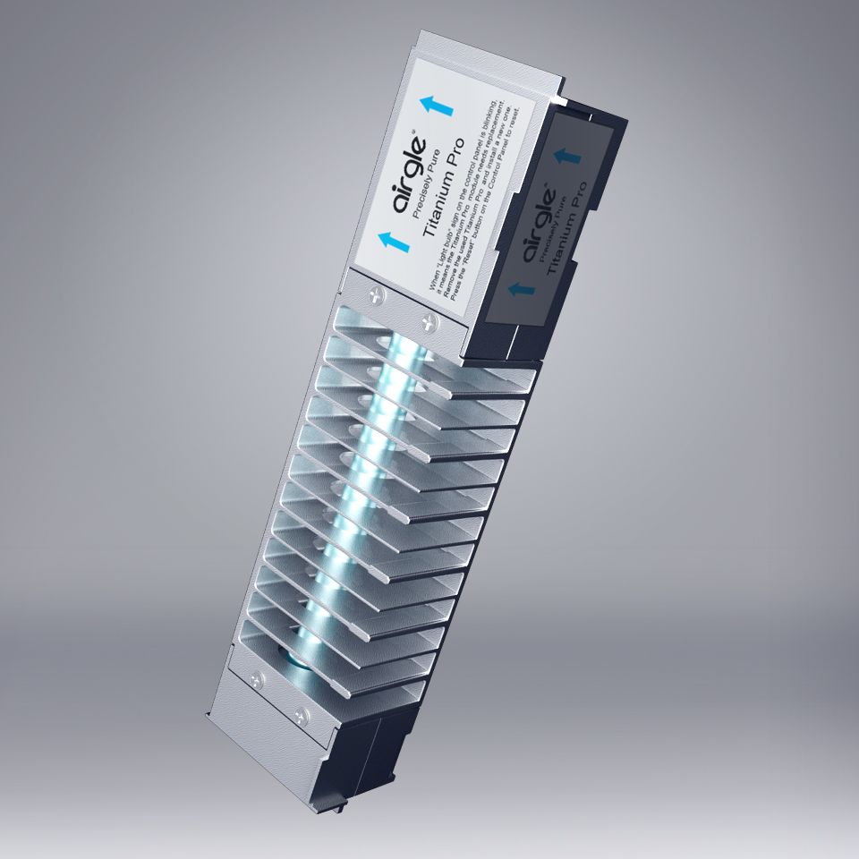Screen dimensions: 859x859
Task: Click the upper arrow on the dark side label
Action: (x=565, y=156)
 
